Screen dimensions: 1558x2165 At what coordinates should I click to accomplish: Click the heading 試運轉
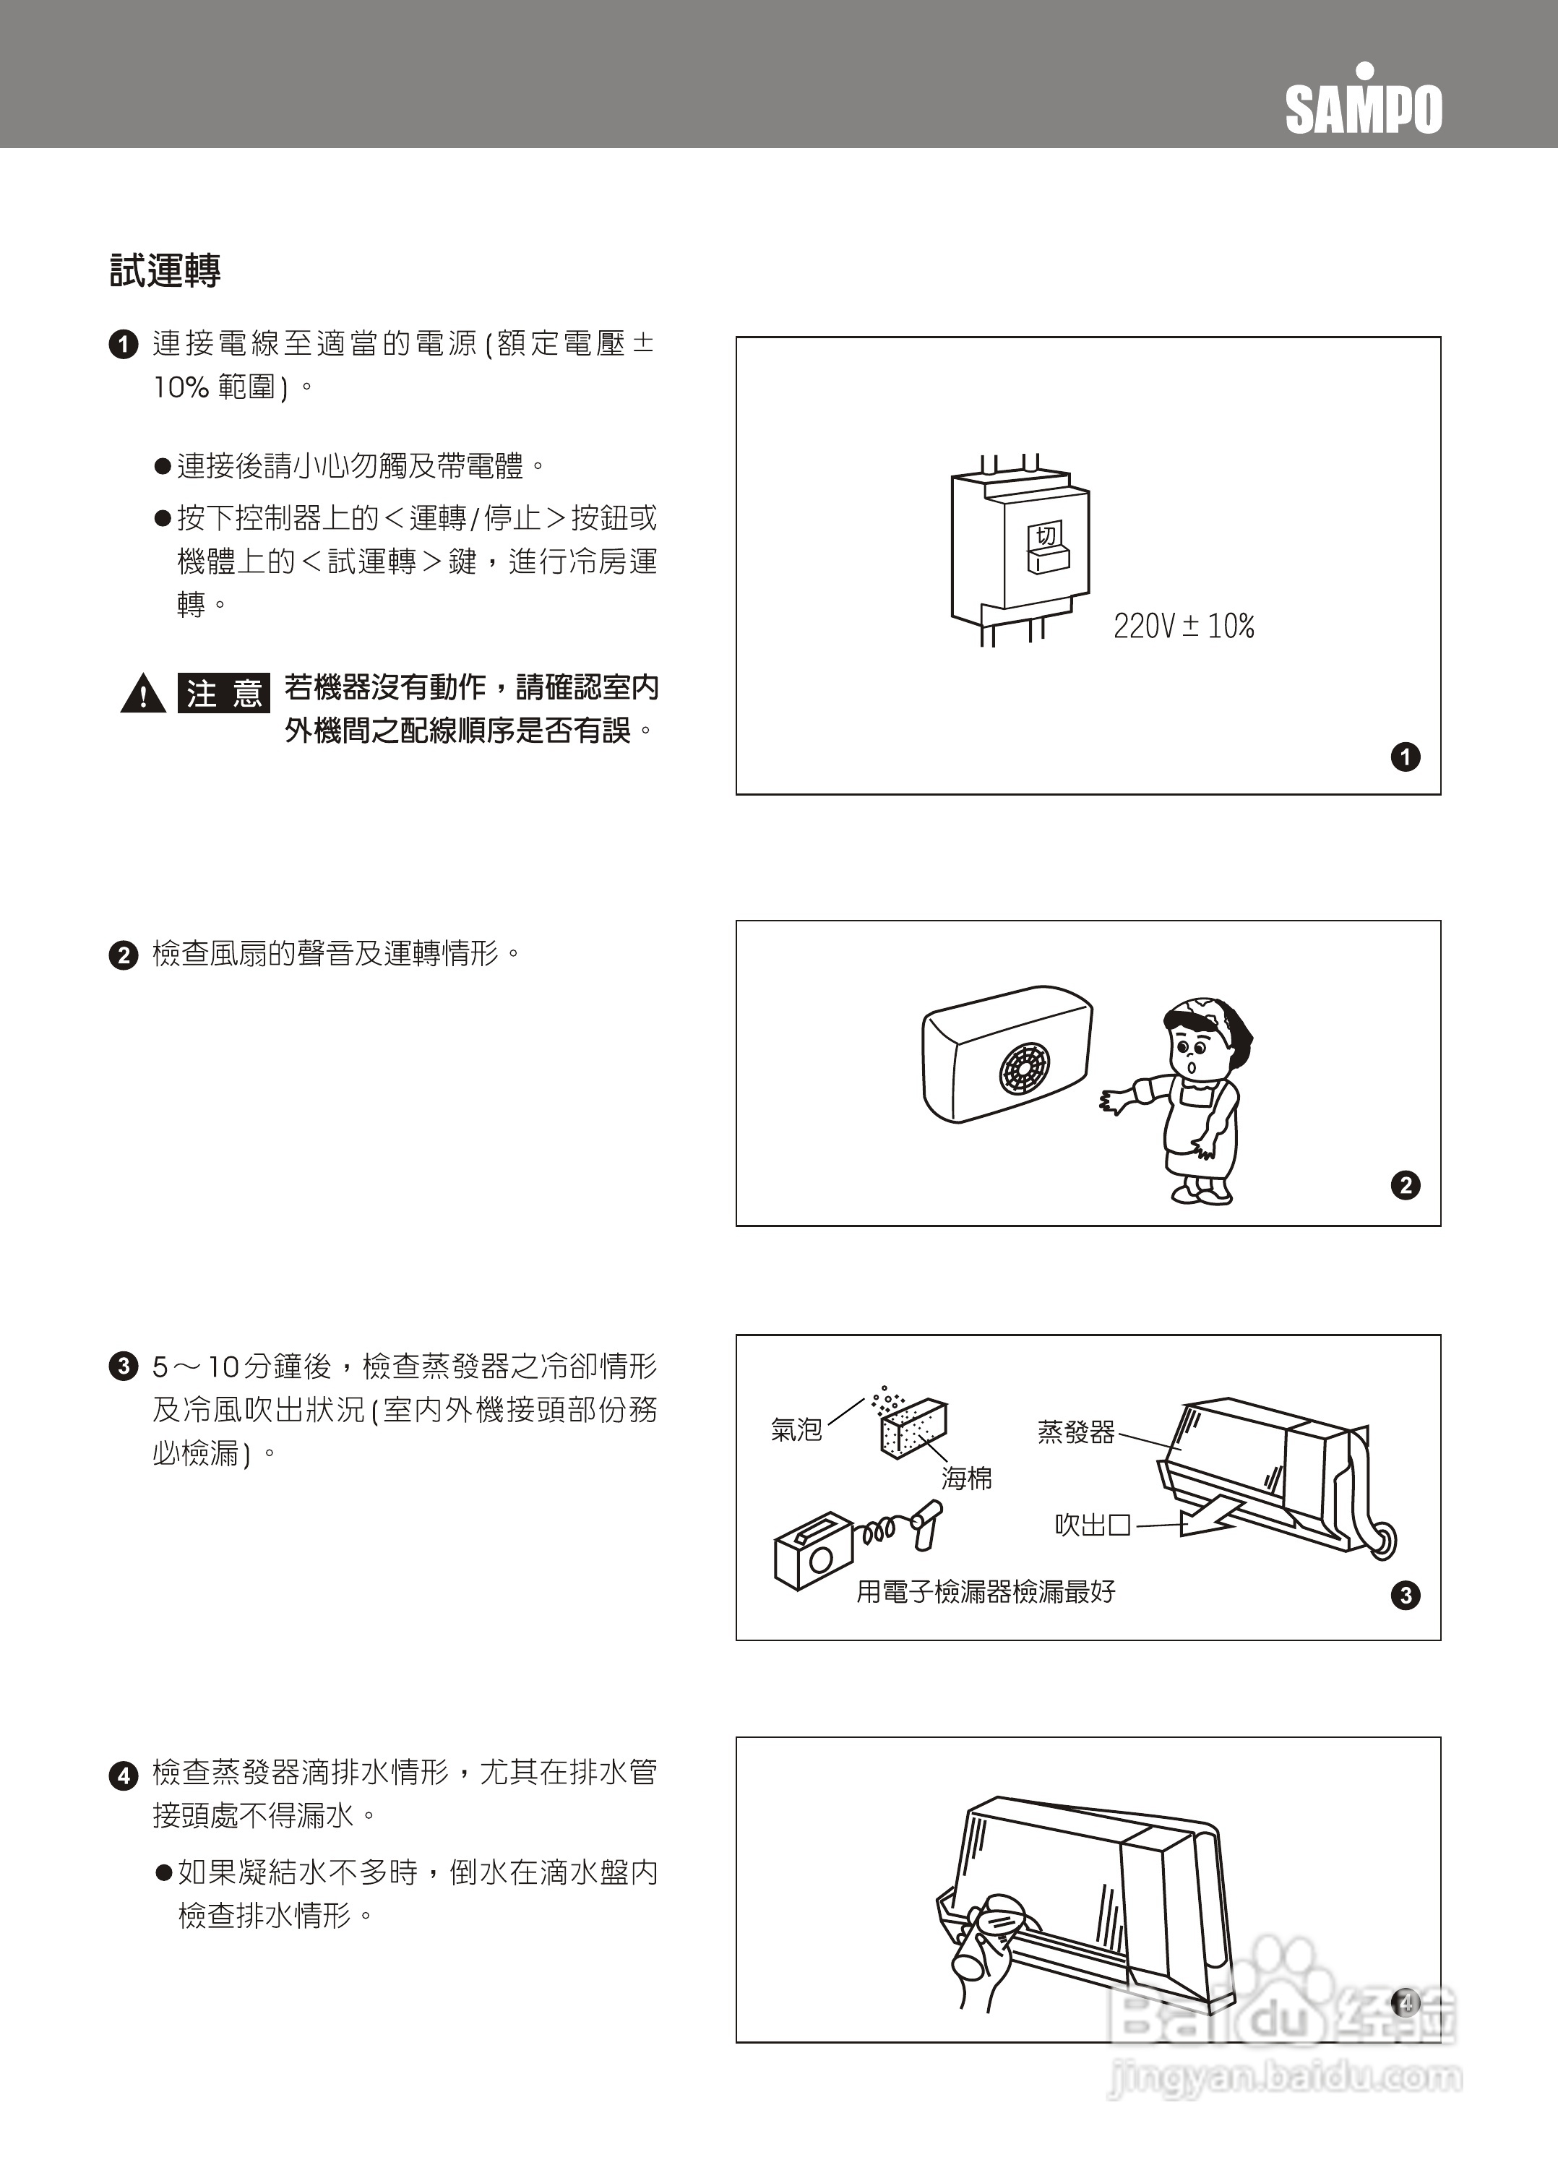[x=165, y=270]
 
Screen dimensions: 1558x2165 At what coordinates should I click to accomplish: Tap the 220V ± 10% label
[x=1184, y=627]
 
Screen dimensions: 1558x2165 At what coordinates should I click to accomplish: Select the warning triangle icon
[x=143, y=694]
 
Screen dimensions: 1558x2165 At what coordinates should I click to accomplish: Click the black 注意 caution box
[x=223, y=693]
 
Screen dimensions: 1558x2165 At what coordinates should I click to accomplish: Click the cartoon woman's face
[x=1195, y=1049]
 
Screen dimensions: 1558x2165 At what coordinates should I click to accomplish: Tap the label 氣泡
[x=796, y=1429]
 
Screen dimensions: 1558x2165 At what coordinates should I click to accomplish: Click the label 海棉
[x=966, y=1479]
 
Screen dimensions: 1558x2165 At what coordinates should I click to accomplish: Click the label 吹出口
[x=1092, y=1525]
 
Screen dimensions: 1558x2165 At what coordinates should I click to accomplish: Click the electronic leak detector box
[x=812, y=1551]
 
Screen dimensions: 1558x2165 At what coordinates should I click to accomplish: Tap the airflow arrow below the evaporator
[x=1213, y=1517]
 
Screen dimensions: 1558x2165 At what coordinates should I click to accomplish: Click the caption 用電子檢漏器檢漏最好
[x=985, y=1591]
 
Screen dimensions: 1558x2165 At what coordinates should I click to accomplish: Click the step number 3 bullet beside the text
[x=123, y=1367]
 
